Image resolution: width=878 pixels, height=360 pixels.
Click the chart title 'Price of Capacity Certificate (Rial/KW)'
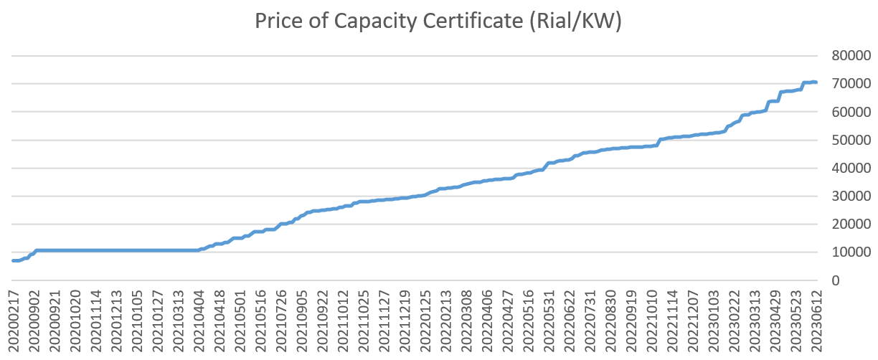(x=438, y=22)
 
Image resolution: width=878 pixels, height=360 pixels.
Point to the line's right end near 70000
(x=816, y=82)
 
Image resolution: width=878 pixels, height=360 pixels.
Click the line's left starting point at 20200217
(x=14, y=260)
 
